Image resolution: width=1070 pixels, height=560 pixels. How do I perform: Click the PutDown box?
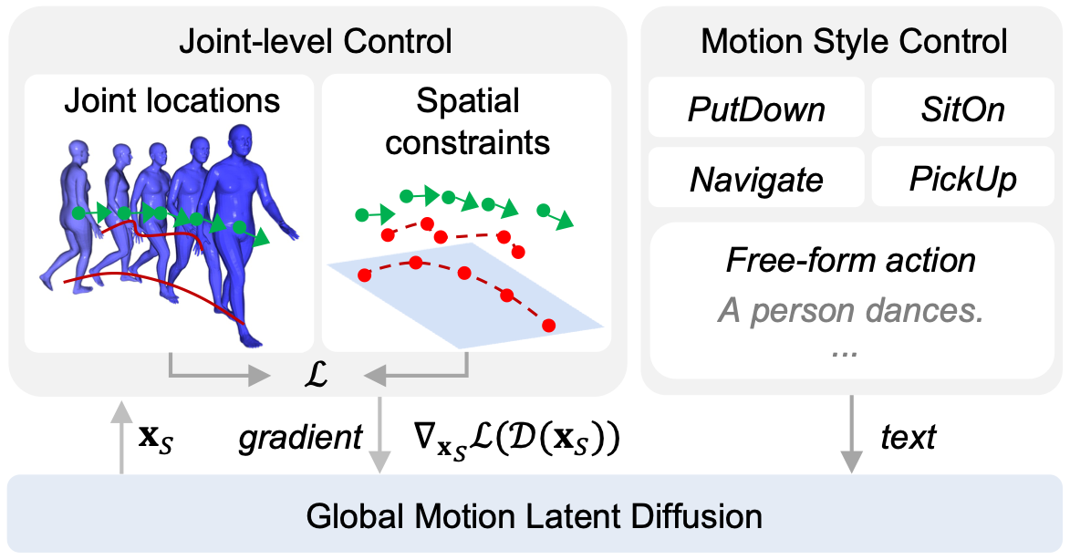pos(756,108)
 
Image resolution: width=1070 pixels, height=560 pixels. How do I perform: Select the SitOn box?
pos(963,108)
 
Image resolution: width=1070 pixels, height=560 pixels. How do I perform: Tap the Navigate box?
pos(756,178)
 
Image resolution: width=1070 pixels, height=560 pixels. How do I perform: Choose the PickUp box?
pos(963,178)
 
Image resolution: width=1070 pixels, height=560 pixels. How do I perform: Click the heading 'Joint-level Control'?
pos(316,41)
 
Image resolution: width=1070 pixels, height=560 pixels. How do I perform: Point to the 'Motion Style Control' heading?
pos(854,41)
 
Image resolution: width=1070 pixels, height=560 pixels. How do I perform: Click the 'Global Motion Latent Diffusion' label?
pos(534,515)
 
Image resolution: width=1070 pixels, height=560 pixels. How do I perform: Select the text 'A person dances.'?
pos(851,310)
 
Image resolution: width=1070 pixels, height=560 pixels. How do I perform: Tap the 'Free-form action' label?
pos(851,260)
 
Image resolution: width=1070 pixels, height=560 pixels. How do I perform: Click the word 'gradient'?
pos(300,437)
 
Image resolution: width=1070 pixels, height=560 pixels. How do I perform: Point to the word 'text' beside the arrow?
pos(909,437)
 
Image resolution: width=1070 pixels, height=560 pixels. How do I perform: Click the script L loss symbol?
pos(316,374)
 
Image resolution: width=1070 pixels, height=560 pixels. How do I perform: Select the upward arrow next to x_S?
pos(121,437)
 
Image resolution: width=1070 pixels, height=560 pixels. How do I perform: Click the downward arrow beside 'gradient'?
pos(379,434)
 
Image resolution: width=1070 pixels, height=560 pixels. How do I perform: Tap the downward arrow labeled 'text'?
pos(851,434)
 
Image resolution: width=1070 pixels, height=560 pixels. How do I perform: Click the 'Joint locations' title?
pos(172,101)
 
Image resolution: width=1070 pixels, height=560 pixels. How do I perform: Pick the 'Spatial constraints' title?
pos(467,122)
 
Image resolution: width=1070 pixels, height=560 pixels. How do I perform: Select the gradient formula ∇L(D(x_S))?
pos(516,438)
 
